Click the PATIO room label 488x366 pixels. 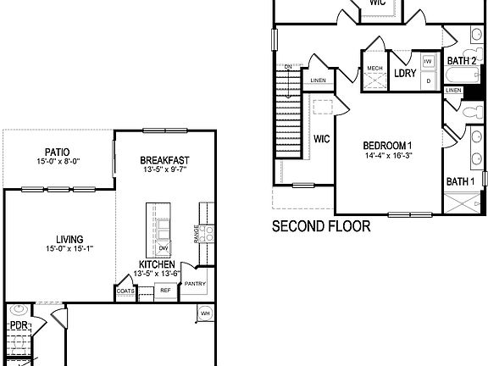[53, 152]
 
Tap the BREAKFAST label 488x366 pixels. [164, 160]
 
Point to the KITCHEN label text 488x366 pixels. [157, 264]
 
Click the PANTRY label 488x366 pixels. [195, 284]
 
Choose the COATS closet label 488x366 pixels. [125, 291]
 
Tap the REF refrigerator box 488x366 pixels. [165, 291]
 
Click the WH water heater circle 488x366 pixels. [205, 314]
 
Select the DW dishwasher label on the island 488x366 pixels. [163, 248]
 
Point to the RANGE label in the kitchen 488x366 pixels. [197, 232]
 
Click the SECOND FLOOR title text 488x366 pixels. [321, 227]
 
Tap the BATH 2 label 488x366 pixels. [462, 61]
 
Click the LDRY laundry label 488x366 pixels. [405, 74]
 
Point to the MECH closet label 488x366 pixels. [374, 68]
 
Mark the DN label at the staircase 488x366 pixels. [288, 66]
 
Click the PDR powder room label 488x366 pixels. [19, 325]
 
